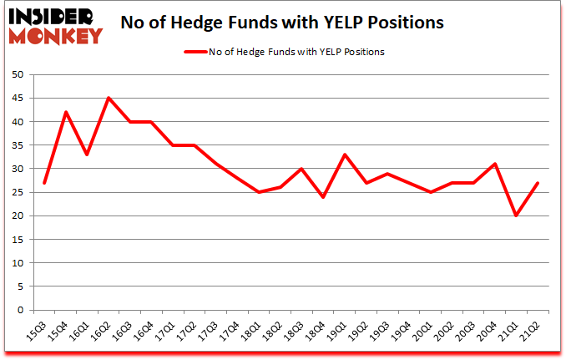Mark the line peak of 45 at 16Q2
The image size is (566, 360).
point(109,98)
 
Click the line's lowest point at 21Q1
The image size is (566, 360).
point(516,215)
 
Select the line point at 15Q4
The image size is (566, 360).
point(66,112)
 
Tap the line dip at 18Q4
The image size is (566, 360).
point(323,197)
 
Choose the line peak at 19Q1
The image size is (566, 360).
point(345,155)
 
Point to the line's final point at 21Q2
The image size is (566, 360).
point(538,183)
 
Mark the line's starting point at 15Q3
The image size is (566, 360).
point(44,183)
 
